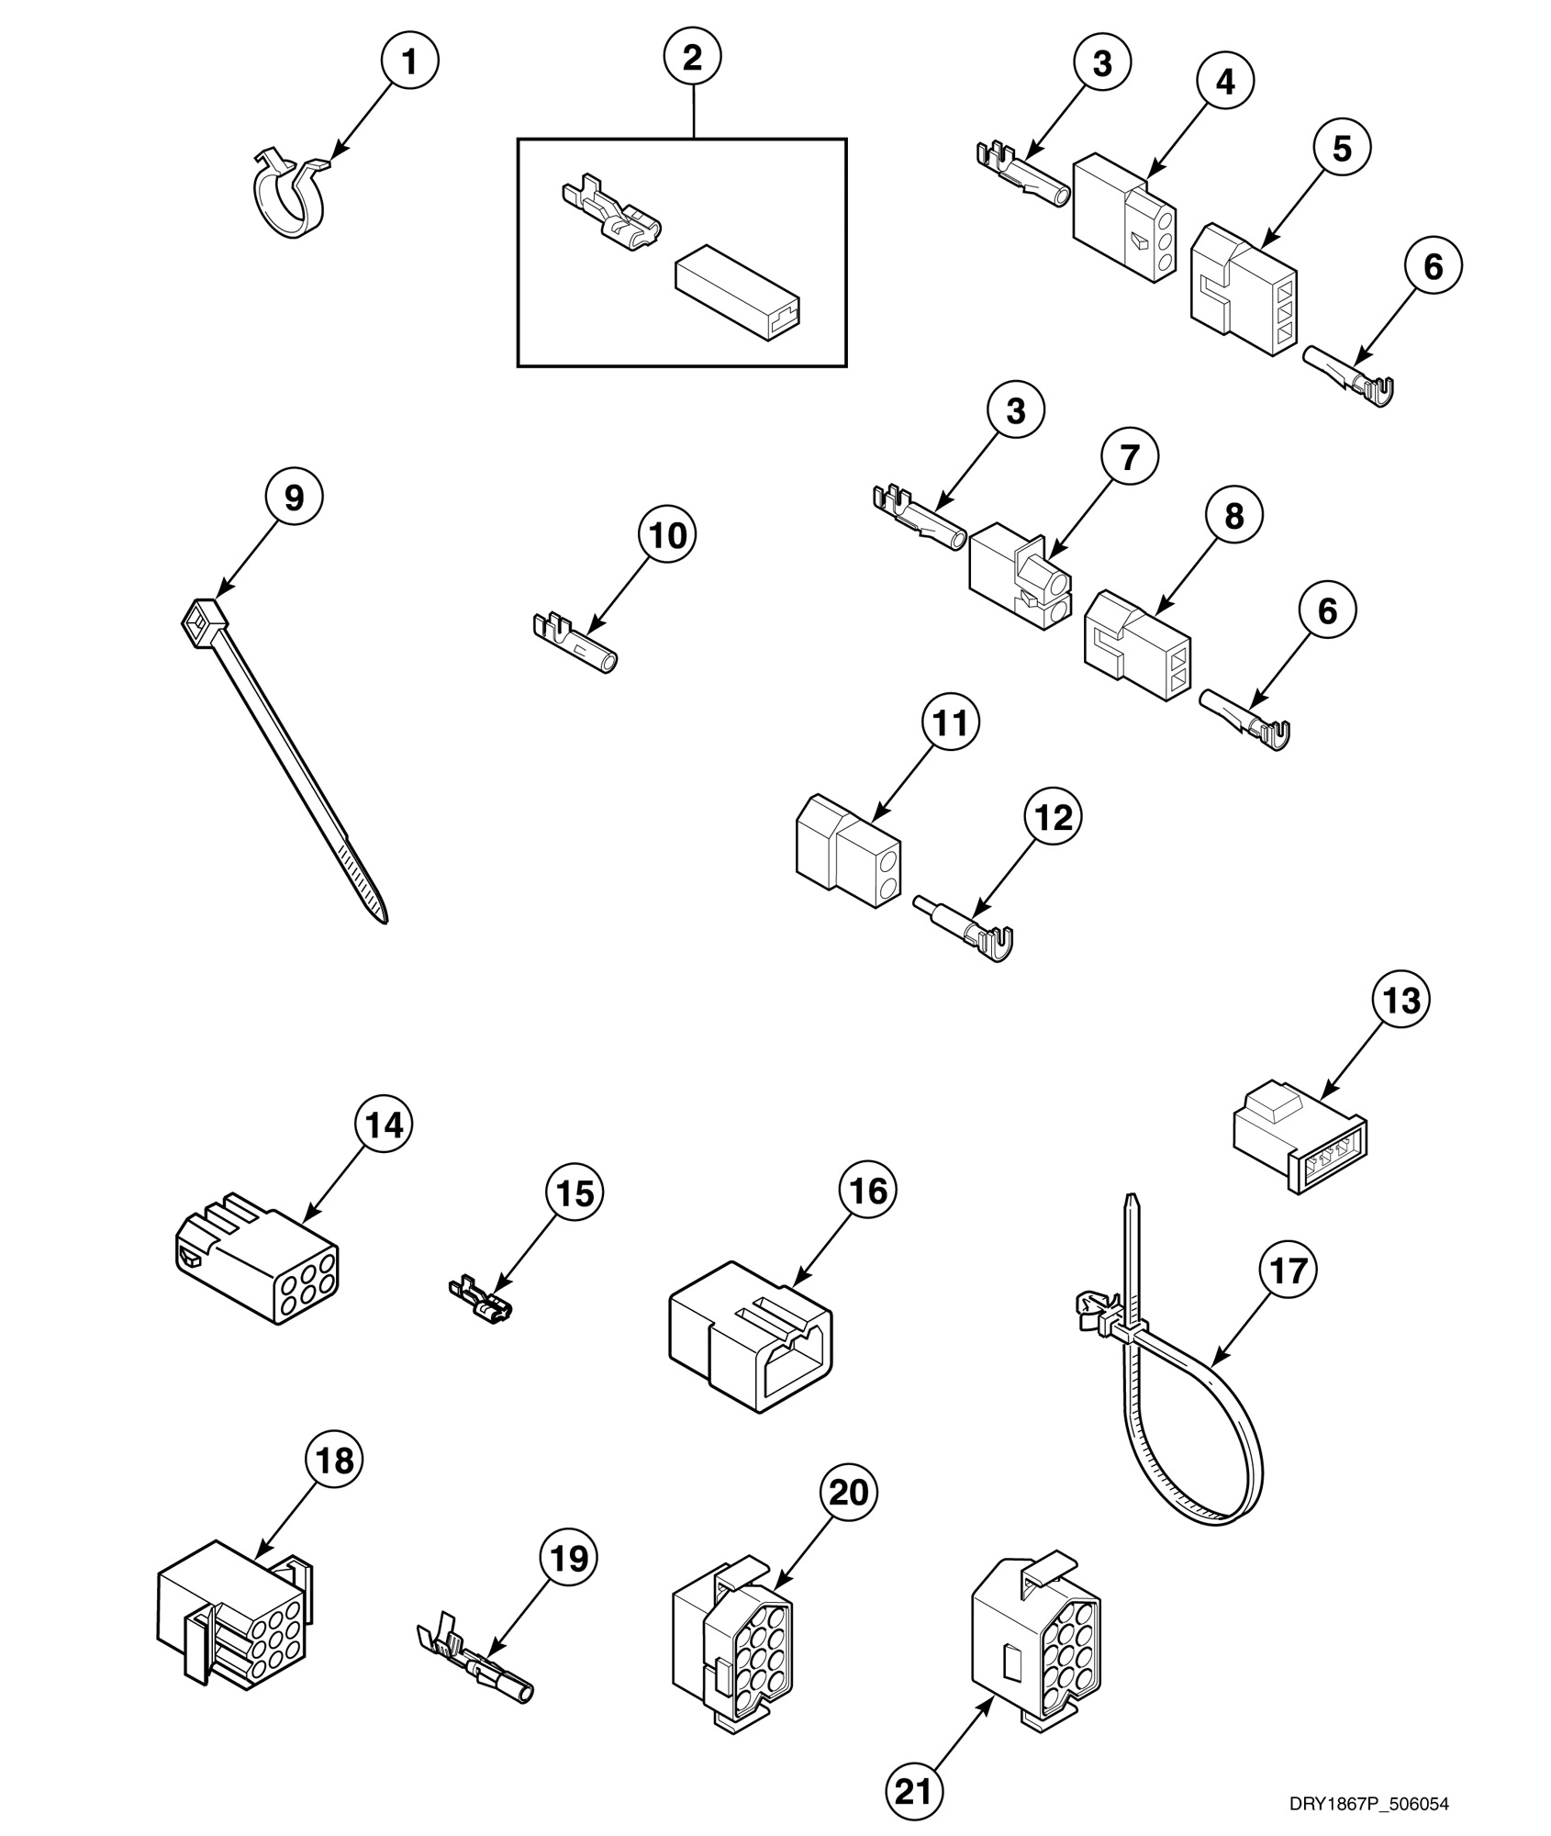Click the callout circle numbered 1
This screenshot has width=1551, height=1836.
(409, 62)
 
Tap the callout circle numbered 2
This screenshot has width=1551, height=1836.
(693, 58)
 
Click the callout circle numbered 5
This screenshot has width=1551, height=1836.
(1342, 148)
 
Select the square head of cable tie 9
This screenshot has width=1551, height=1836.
(205, 621)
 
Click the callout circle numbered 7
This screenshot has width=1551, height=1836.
(1129, 456)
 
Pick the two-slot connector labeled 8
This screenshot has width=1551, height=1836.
(1136, 648)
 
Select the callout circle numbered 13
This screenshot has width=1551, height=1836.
(1400, 1001)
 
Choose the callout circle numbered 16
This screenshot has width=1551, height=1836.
(868, 1191)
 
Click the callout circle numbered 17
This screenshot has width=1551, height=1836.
(1288, 1271)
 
